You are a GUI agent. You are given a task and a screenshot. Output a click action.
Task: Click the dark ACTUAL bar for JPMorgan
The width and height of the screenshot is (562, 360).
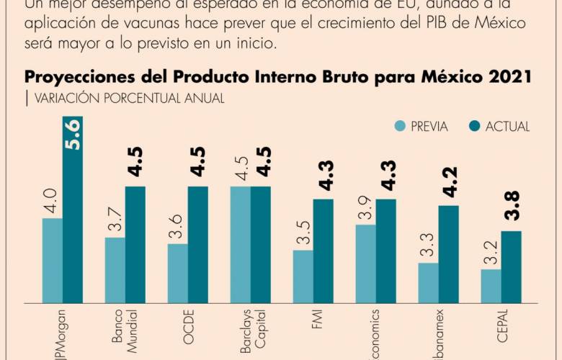(x=72, y=209)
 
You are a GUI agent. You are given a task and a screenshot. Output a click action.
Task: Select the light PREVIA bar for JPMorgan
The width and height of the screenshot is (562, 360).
(x=52, y=260)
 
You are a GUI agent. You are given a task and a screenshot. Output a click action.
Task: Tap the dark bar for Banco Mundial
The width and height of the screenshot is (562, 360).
(x=135, y=244)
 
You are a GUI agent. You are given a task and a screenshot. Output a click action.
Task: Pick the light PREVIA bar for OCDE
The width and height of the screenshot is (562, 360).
(x=177, y=273)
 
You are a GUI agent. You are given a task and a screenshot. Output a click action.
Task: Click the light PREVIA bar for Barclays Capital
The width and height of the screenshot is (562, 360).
(x=240, y=244)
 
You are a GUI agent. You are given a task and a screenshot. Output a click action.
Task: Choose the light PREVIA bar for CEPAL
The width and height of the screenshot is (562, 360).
(x=491, y=286)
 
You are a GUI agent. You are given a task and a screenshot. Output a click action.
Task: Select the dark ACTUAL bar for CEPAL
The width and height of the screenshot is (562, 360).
(x=511, y=266)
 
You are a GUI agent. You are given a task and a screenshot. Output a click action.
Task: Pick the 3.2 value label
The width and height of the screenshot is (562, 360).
(x=490, y=253)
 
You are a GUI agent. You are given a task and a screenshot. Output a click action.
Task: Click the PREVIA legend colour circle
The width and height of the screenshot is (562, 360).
(x=399, y=127)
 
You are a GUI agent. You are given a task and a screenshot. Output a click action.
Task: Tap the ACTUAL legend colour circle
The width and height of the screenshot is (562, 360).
(x=474, y=127)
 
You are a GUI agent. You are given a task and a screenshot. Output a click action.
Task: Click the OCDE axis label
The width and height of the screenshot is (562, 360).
(x=188, y=328)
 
